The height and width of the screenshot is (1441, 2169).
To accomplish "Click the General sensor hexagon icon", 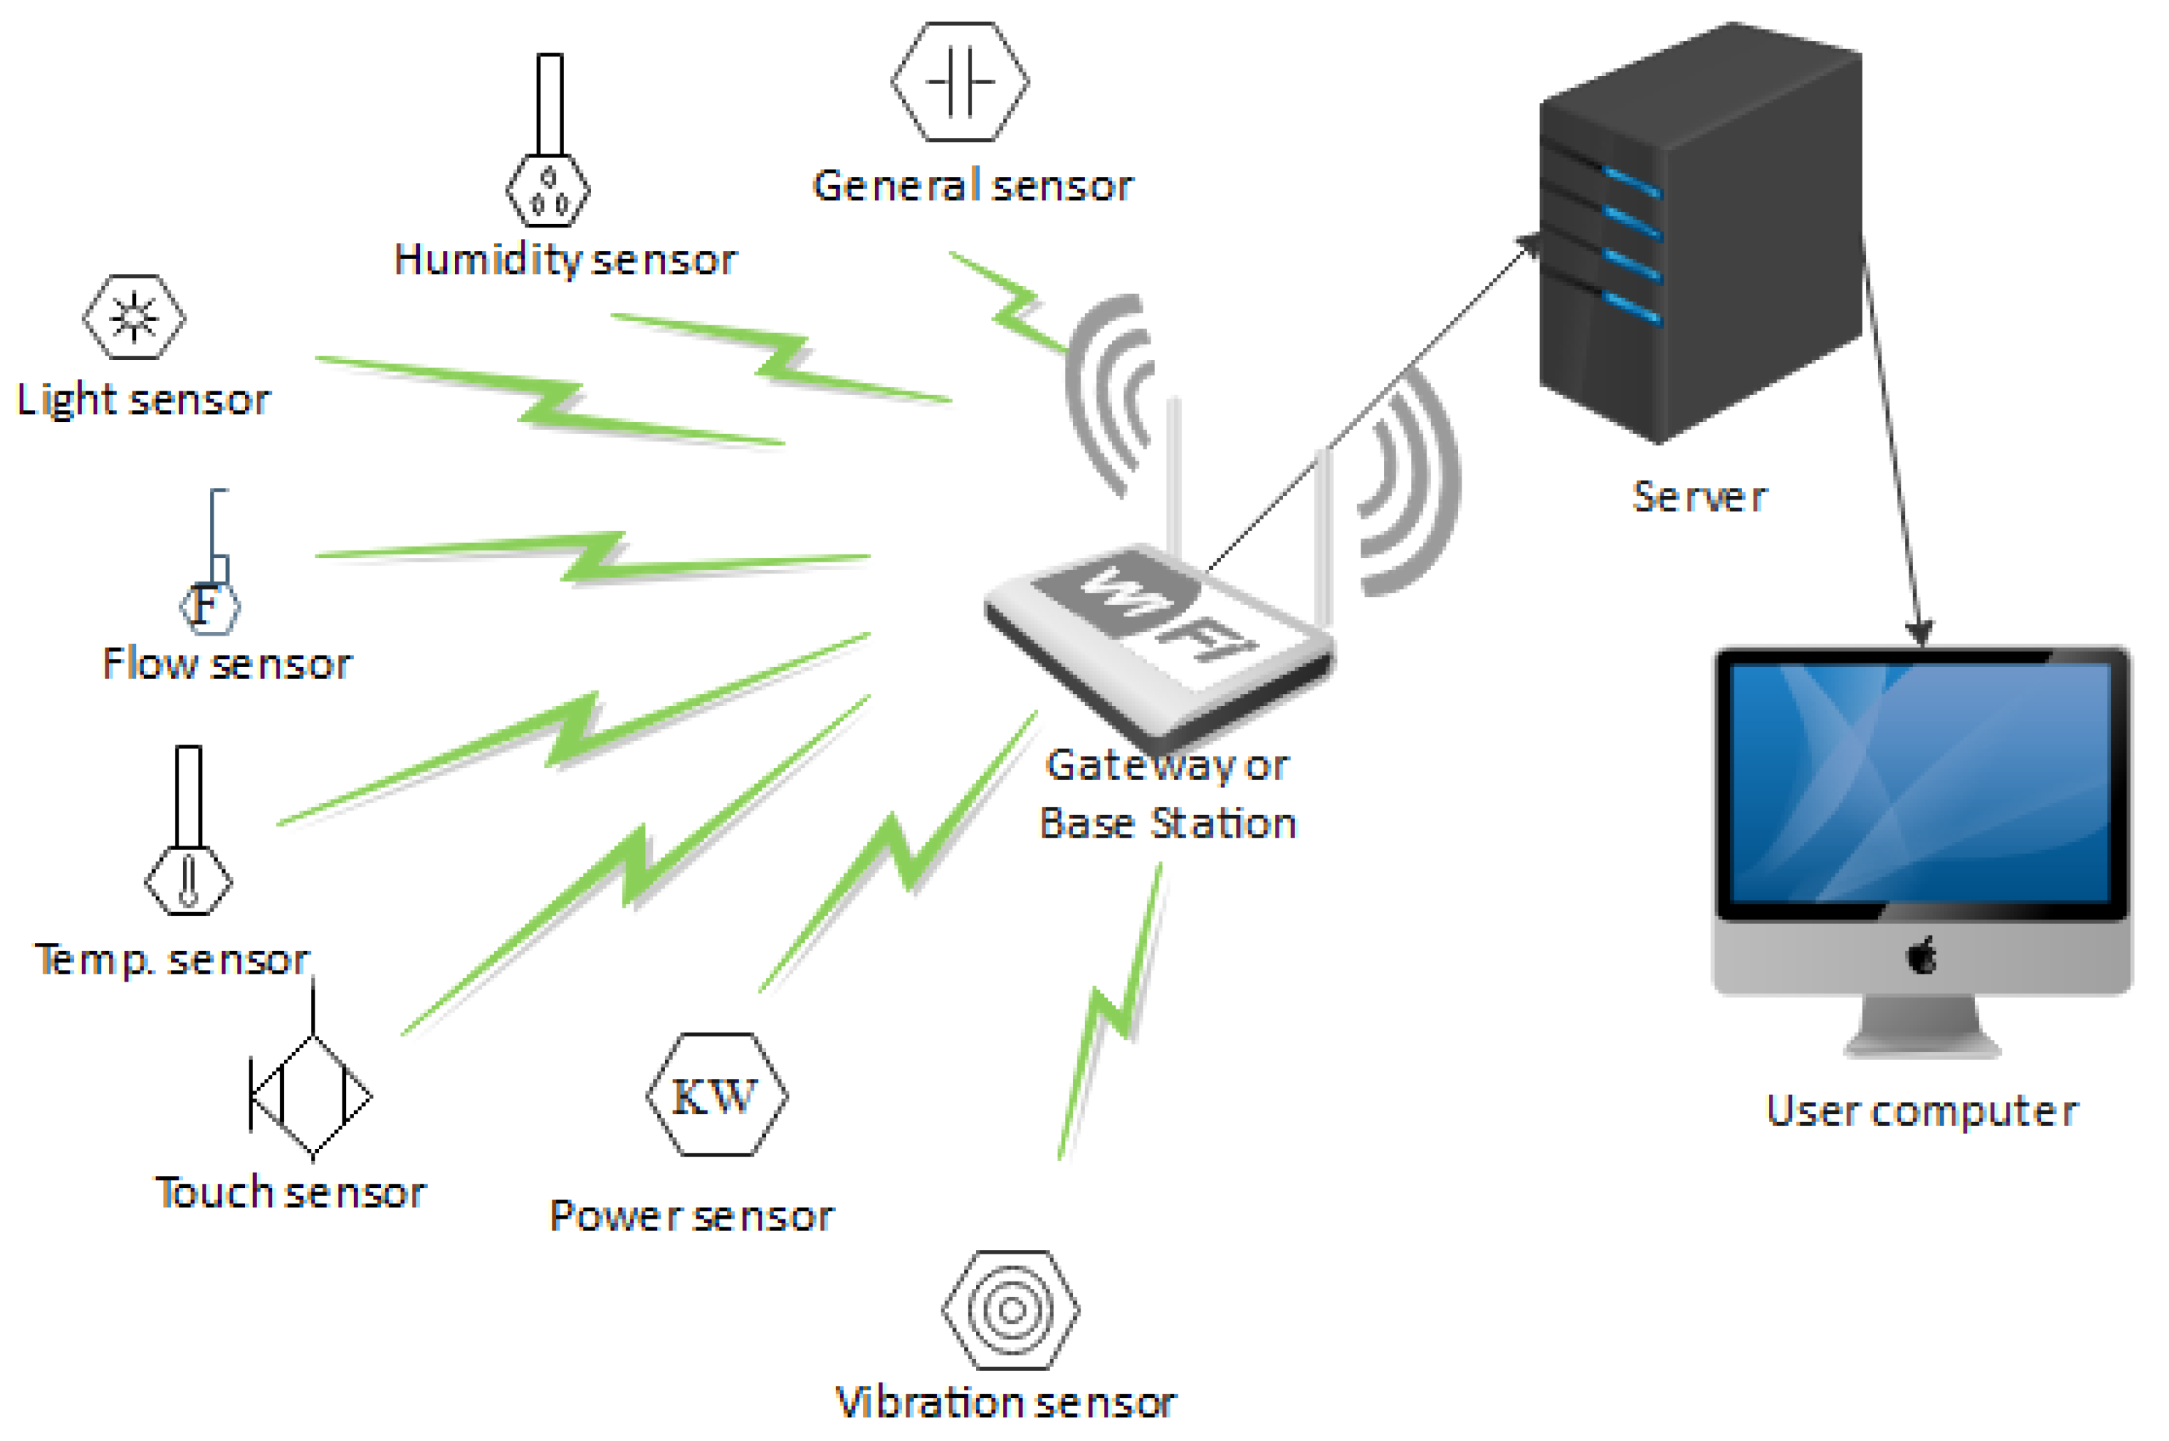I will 960,82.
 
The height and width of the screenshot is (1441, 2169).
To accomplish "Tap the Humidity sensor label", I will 564,260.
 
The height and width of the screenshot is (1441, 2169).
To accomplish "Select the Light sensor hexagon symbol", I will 134,317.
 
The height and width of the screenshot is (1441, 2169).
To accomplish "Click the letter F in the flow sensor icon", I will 206,605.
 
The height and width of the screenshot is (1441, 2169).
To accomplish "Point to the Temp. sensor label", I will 172,960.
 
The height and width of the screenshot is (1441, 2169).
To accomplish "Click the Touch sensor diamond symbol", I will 312,1096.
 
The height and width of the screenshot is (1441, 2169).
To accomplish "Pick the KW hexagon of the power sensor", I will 716,1094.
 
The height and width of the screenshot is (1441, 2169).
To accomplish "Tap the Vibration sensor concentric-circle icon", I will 1010,1309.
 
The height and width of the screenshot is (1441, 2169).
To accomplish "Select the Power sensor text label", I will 691,1216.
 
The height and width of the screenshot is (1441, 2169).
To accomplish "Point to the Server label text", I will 1699,497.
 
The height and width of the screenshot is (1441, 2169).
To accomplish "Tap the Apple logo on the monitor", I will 1922,957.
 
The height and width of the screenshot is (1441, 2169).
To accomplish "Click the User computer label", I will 1921,1111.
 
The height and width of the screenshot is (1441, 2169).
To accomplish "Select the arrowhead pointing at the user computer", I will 1918,631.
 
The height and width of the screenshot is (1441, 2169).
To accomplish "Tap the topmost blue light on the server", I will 1632,181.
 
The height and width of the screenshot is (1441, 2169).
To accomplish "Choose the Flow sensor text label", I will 226,663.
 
